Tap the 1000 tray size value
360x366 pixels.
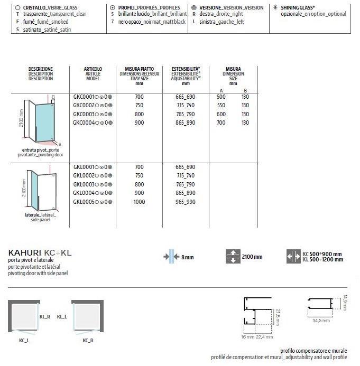click(x=139, y=201)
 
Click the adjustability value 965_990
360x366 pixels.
click(x=186, y=201)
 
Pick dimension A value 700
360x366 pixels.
click(x=221, y=123)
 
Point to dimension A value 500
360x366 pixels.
click(x=221, y=97)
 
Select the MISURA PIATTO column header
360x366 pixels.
click(x=140, y=76)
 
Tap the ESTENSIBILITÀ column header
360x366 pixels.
click(x=186, y=76)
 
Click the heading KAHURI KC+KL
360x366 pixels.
click(x=40, y=253)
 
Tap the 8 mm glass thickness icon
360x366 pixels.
click(x=171, y=257)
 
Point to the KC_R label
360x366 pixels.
click(x=88, y=340)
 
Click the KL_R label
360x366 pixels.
click(x=44, y=316)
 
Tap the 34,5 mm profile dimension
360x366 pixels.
click(x=321, y=320)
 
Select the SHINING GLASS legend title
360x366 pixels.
click(x=299, y=7)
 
